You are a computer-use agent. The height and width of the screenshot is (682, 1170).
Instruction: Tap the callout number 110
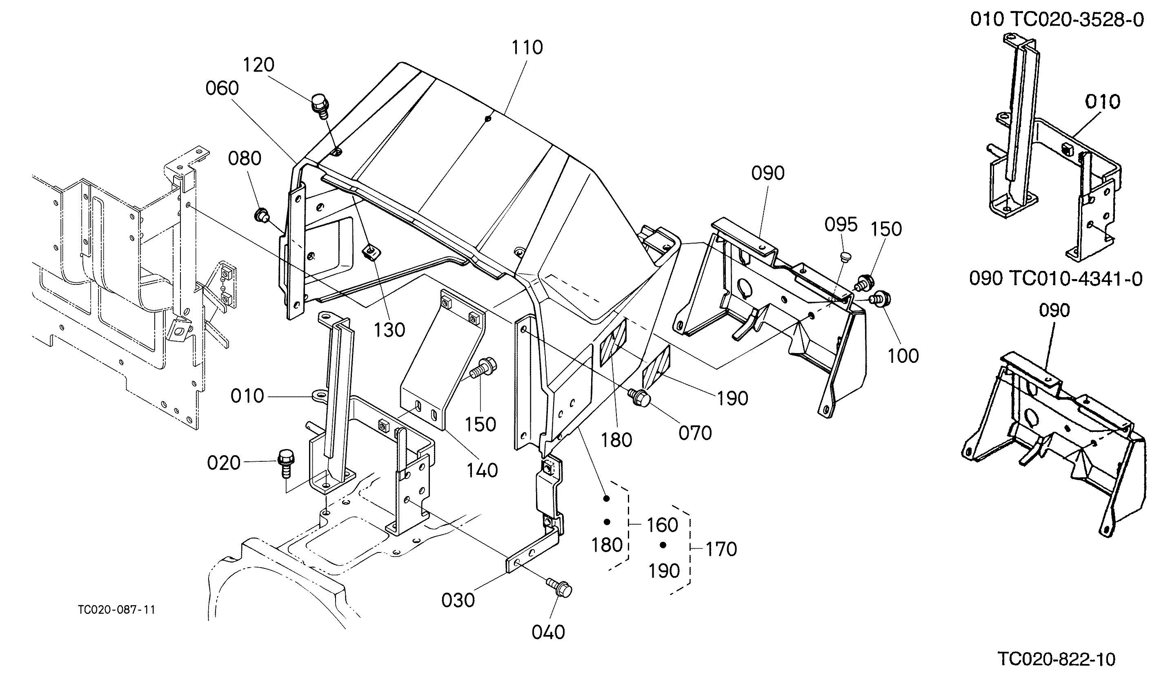pyautogui.click(x=527, y=48)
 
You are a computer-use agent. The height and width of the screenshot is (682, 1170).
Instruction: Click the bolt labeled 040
pyautogui.click(x=559, y=588)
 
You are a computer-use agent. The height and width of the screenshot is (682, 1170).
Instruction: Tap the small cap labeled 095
pyautogui.click(x=845, y=257)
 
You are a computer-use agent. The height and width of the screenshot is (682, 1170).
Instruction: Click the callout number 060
pyautogui.click(x=222, y=88)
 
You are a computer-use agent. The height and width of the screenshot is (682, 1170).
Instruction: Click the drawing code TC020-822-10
pyautogui.click(x=1056, y=659)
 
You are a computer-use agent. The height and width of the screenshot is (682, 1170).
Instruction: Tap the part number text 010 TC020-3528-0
pyautogui.click(x=1057, y=20)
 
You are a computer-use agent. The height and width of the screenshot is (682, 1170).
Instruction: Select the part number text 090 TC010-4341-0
pyautogui.click(x=1056, y=279)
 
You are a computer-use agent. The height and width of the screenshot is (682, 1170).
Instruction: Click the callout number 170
pyautogui.click(x=721, y=549)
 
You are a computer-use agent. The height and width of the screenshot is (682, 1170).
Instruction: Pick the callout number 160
pyautogui.click(x=663, y=525)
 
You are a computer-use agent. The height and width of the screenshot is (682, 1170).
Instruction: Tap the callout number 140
pyautogui.click(x=483, y=471)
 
